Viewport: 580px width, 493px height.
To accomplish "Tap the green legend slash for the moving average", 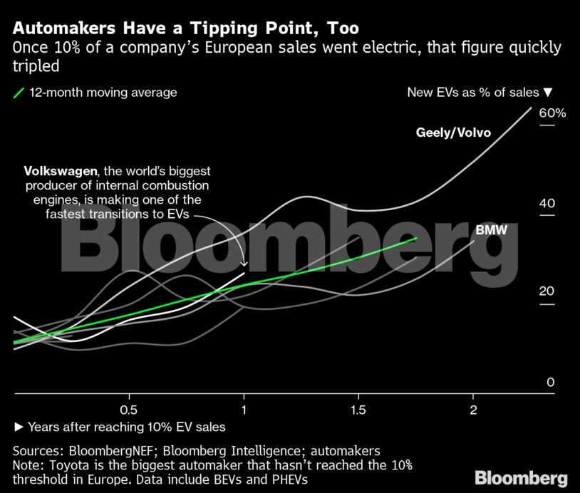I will [x=19, y=93].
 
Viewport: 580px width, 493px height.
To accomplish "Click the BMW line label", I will [x=490, y=229].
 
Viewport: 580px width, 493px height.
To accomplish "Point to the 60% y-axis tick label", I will [x=552, y=113].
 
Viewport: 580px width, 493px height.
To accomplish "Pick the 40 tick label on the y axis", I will [x=547, y=204].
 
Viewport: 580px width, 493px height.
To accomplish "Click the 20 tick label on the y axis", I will [x=547, y=291].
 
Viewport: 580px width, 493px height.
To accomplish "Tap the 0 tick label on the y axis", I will [x=550, y=383].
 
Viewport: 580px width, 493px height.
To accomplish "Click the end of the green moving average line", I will [x=416, y=239].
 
